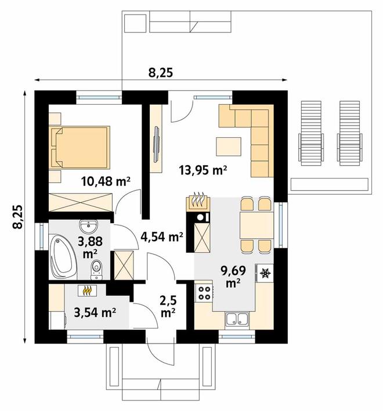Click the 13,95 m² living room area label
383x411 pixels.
pyautogui.click(x=203, y=170)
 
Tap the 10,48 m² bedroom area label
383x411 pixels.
pyautogui.click(x=106, y=181)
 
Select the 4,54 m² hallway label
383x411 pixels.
pyautogui.click(x=162, y=237)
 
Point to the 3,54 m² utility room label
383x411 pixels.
pyautogui.click(x=95, y=312)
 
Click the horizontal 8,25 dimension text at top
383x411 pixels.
pyautogui.click(x=161, y=73)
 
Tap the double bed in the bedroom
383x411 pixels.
pyautogui.click(x=80, y=146)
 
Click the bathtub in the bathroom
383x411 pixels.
pyautogui.click(x=63, y=256)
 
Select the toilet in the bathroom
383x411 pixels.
pyautogui.click(x=96, y=270)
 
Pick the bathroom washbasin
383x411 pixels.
pyautogui.click(x=88, y=226)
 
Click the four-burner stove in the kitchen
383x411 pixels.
pyautogui.click(x=204, y=292)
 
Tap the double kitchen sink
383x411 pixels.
pyautogui.click(x=237, y=320)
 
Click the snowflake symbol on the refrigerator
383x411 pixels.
pyautogui.click(x=265, y=273)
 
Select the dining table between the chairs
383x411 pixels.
pyautogui.click(x=256, y=225)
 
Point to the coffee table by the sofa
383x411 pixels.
pyautogui.click(x=229, y=146)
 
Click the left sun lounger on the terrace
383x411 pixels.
pyautogui.click(x=311, y=134)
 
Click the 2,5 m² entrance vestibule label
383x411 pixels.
pyautogui.click(x=168, y=306)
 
